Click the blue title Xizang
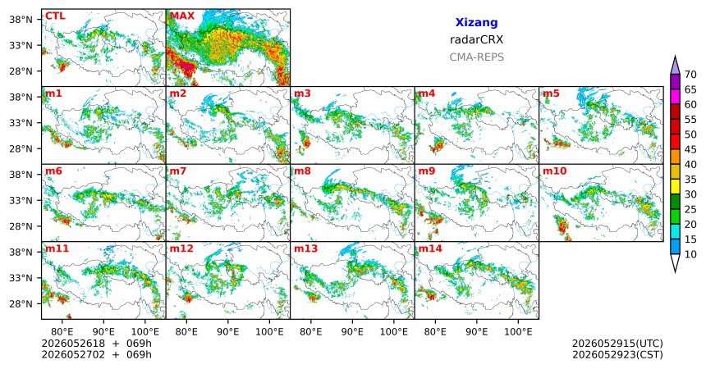[476, 22]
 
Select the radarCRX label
[476, 39]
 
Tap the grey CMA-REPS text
[476, 57]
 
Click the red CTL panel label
[55, 16]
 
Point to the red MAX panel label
[182, 16]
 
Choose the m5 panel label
[551, 93]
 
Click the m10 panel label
[554, 171]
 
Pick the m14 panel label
[430, 248]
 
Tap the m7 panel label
[178, 171]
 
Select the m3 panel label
[302, 93]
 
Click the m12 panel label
[181, 248]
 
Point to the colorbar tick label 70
[690, 75]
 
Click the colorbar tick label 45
[690, 149]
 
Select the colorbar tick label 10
[690, 254]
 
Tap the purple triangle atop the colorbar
[675, 66]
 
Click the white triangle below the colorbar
[675, 262]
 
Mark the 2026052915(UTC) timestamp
[617, 344]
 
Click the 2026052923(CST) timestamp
[617, 354]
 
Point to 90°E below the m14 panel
[477, 332]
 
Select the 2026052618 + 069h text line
[96, 344]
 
